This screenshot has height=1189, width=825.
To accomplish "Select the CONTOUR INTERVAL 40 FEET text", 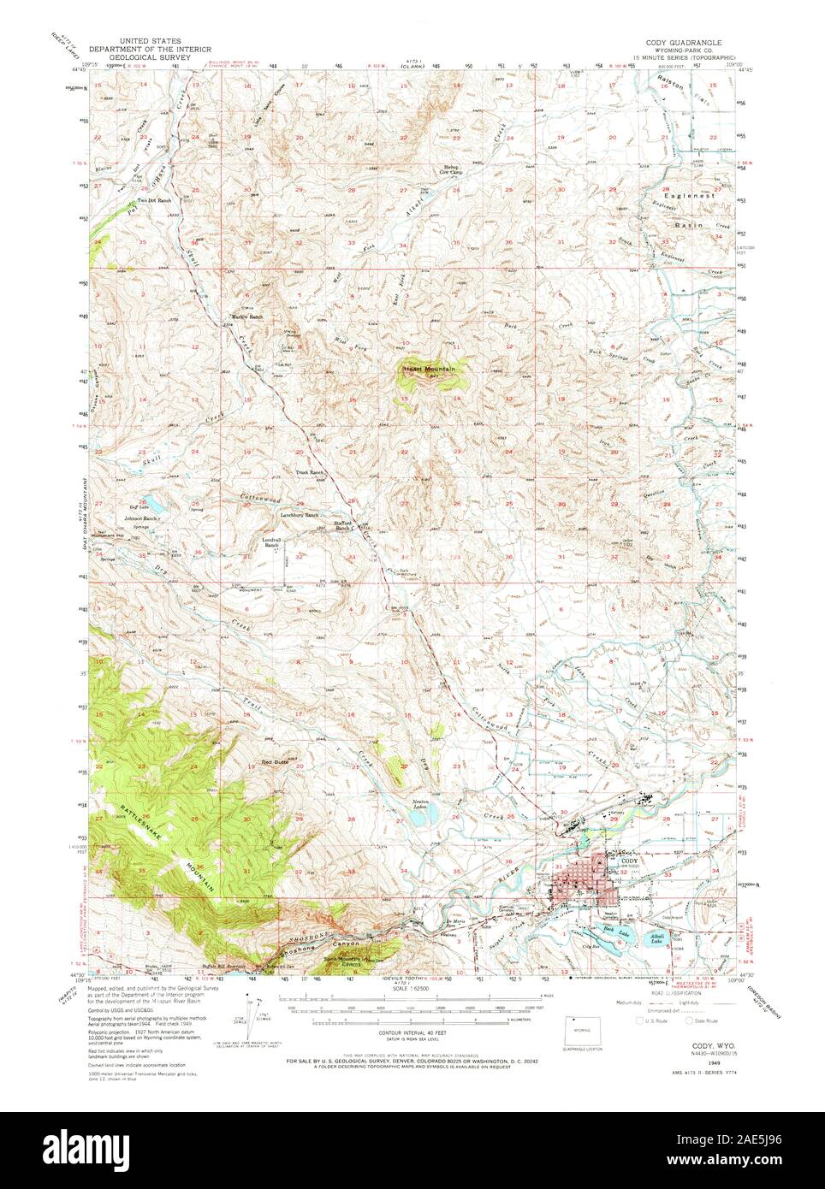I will tap(412, 1038).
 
